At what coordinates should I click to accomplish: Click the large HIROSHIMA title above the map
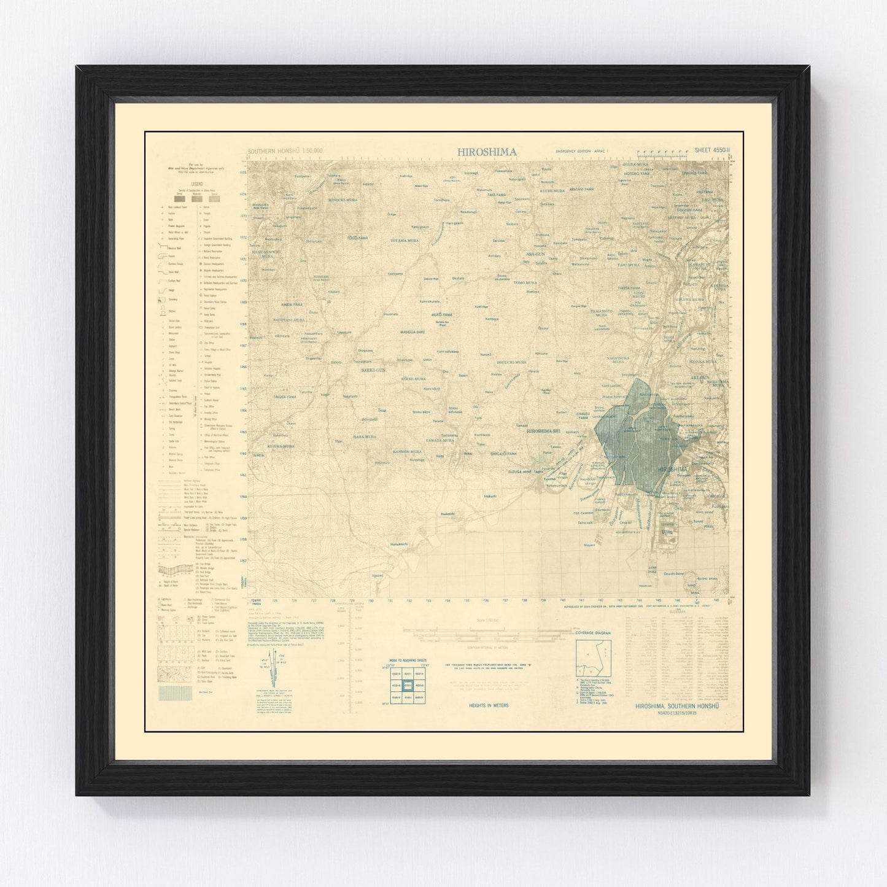tap(486, 152)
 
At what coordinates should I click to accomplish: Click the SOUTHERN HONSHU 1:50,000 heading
tap(285, 151)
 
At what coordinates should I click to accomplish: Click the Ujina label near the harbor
tap(675, 533)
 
